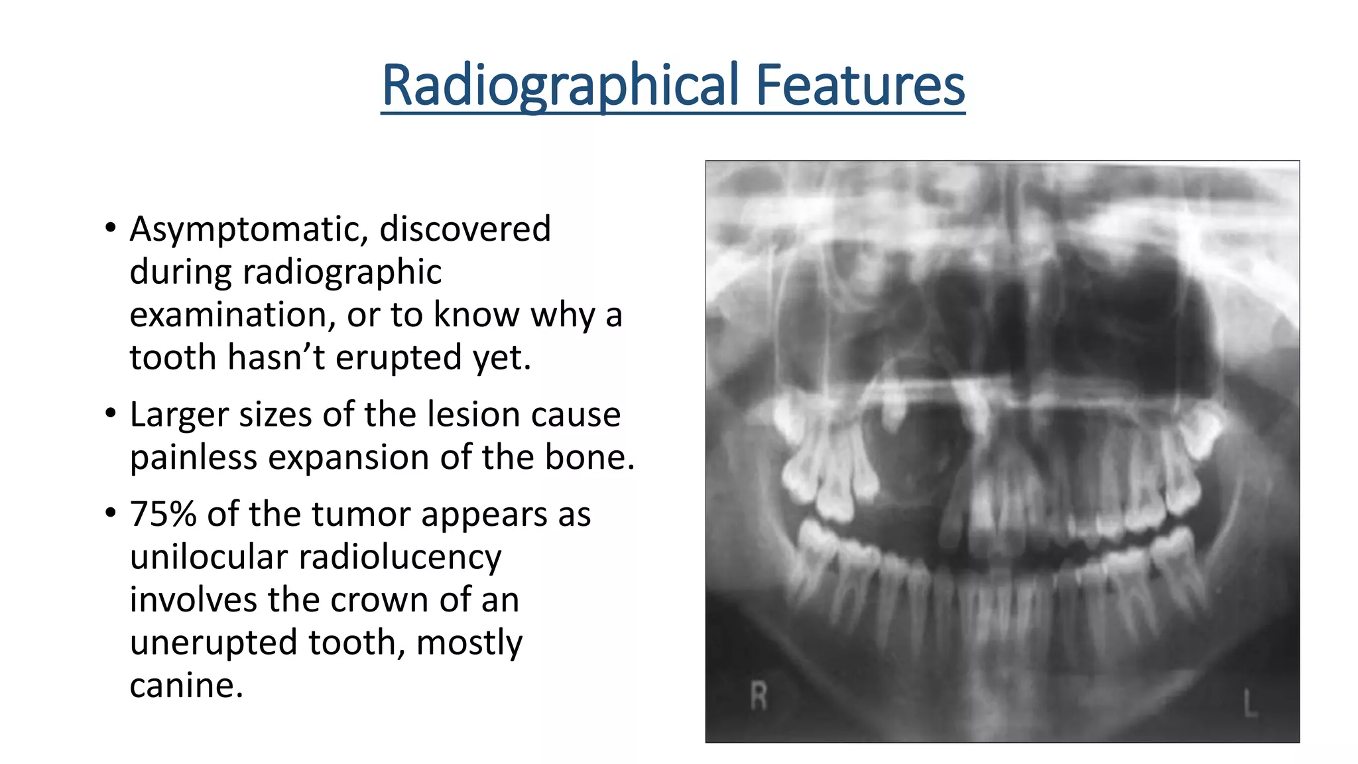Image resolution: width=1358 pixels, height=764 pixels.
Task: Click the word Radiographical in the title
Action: click(560, 85)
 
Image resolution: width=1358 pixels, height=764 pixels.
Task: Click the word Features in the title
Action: click(860, 85)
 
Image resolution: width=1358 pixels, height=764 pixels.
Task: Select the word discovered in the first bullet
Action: click(465, 229)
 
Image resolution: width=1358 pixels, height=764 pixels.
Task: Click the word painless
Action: click(193, 458)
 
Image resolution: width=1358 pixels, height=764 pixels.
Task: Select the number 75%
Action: click(163, 515)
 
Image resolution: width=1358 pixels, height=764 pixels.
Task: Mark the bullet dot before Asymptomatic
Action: click(111, 229)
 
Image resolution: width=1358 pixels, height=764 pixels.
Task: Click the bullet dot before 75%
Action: click(111, 514)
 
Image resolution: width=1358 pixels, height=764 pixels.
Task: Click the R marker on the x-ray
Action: click(759, 696)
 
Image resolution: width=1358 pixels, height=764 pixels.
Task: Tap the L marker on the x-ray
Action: click(1250, 703)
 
